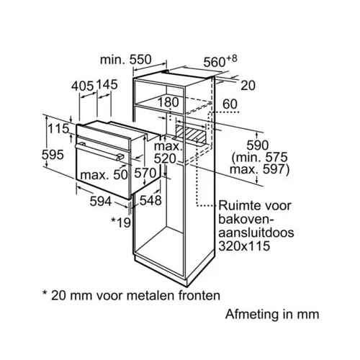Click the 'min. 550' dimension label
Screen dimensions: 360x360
[126, 60]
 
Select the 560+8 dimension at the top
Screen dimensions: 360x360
[220, 61]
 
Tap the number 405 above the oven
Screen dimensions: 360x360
[82, 86]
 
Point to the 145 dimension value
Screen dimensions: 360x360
[107, 84]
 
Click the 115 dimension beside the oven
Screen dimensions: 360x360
[59, 129]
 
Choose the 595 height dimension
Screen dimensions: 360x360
[53, 154]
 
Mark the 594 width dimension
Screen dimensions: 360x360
[101, 201]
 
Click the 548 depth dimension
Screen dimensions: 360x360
[150, 200]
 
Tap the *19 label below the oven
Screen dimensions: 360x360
[121, 222]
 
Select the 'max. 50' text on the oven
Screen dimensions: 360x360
[104, 175]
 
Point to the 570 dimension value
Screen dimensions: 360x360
[145, 173]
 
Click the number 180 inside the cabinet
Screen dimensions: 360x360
[168, 102]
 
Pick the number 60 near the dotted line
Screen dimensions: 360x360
[230, 104]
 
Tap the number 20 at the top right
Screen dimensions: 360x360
[248, 86]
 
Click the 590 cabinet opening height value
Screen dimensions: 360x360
[258, 145]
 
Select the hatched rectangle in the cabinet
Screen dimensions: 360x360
[190, 133]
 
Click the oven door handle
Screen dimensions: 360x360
[99, 151]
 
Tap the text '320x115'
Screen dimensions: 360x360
[244, 246]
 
